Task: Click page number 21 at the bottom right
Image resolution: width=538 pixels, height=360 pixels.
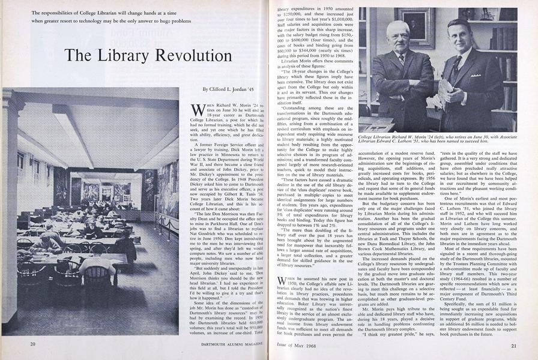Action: click(x=514, y=346)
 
